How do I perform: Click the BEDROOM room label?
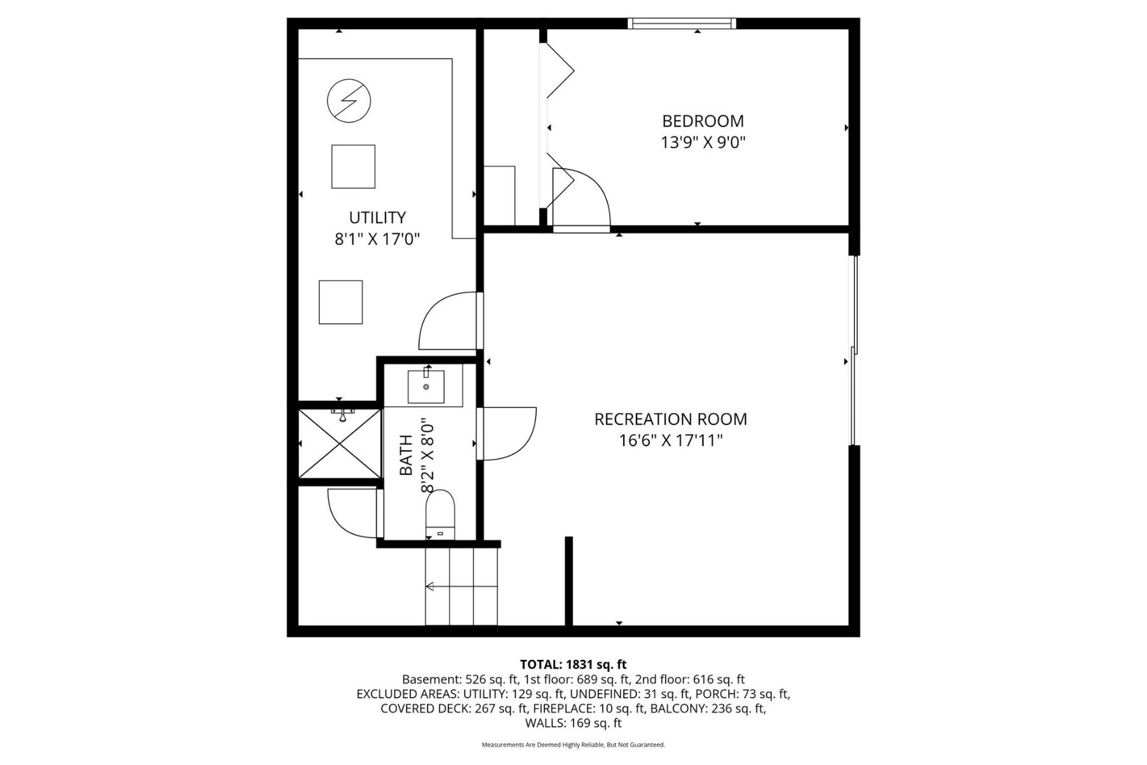[x=702, y=121]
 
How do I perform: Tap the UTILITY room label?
[x=377, y=217]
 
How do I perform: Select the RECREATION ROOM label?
[x=670, y=419]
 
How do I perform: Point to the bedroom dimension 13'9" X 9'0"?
[x=702, y=142]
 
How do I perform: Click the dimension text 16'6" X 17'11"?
[x=670, y=441]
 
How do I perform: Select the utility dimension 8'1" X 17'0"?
[x=377, y=239]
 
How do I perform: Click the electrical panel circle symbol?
[x=349, y=101]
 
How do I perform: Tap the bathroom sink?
[x=426, y=385]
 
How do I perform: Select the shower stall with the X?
[x=340, y=444]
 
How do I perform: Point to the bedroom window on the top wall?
[x=681, y=24]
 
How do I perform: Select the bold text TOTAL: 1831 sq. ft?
[x=573, y=665]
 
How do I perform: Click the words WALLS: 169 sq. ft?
[x=573, y=723]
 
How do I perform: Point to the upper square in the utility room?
[x=353, y=166]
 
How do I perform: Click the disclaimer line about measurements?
[x=573, y=745]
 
